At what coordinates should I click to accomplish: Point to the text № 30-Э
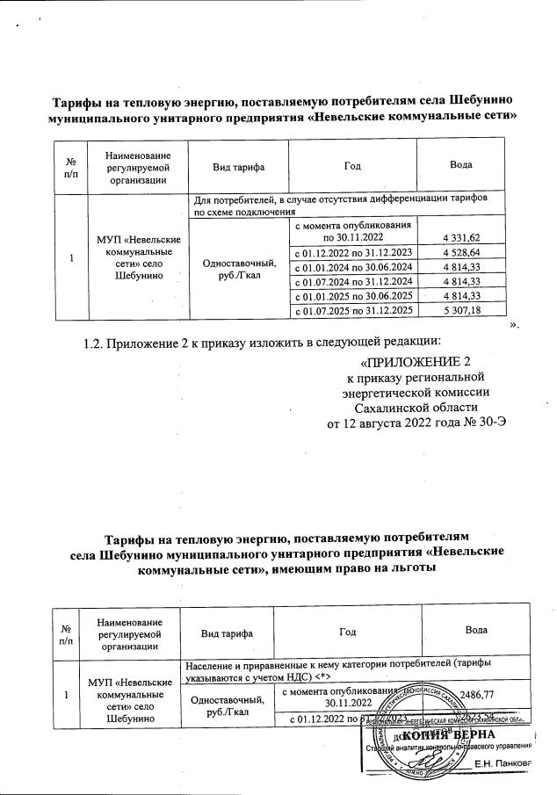click(482, 423)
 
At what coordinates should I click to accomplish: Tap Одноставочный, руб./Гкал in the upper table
click(240, 267)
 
